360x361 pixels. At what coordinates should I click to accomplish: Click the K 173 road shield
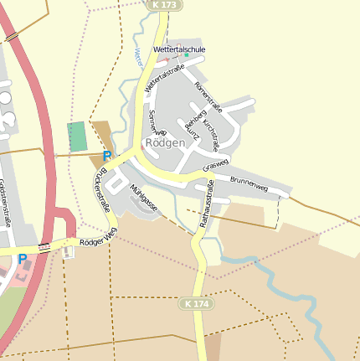pos(163,5)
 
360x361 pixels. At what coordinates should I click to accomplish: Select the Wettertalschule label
pos(179,50)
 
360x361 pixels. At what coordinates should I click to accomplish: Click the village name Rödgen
pos(165,142)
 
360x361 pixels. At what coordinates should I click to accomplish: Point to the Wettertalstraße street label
pos(163,79)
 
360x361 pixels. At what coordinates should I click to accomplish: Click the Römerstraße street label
pos(208,96)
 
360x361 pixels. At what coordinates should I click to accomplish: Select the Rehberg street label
pos(196,121)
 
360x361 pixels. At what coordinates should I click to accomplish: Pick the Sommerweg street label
pos(157,122)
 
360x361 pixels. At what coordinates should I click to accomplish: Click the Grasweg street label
pos(215,165)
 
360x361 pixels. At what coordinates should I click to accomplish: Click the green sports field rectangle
pos(77,137)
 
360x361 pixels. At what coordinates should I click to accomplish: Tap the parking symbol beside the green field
pos(106,156)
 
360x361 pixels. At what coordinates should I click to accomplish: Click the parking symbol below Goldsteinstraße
pos(23,259)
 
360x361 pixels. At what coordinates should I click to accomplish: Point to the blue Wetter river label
pos(136,58)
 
